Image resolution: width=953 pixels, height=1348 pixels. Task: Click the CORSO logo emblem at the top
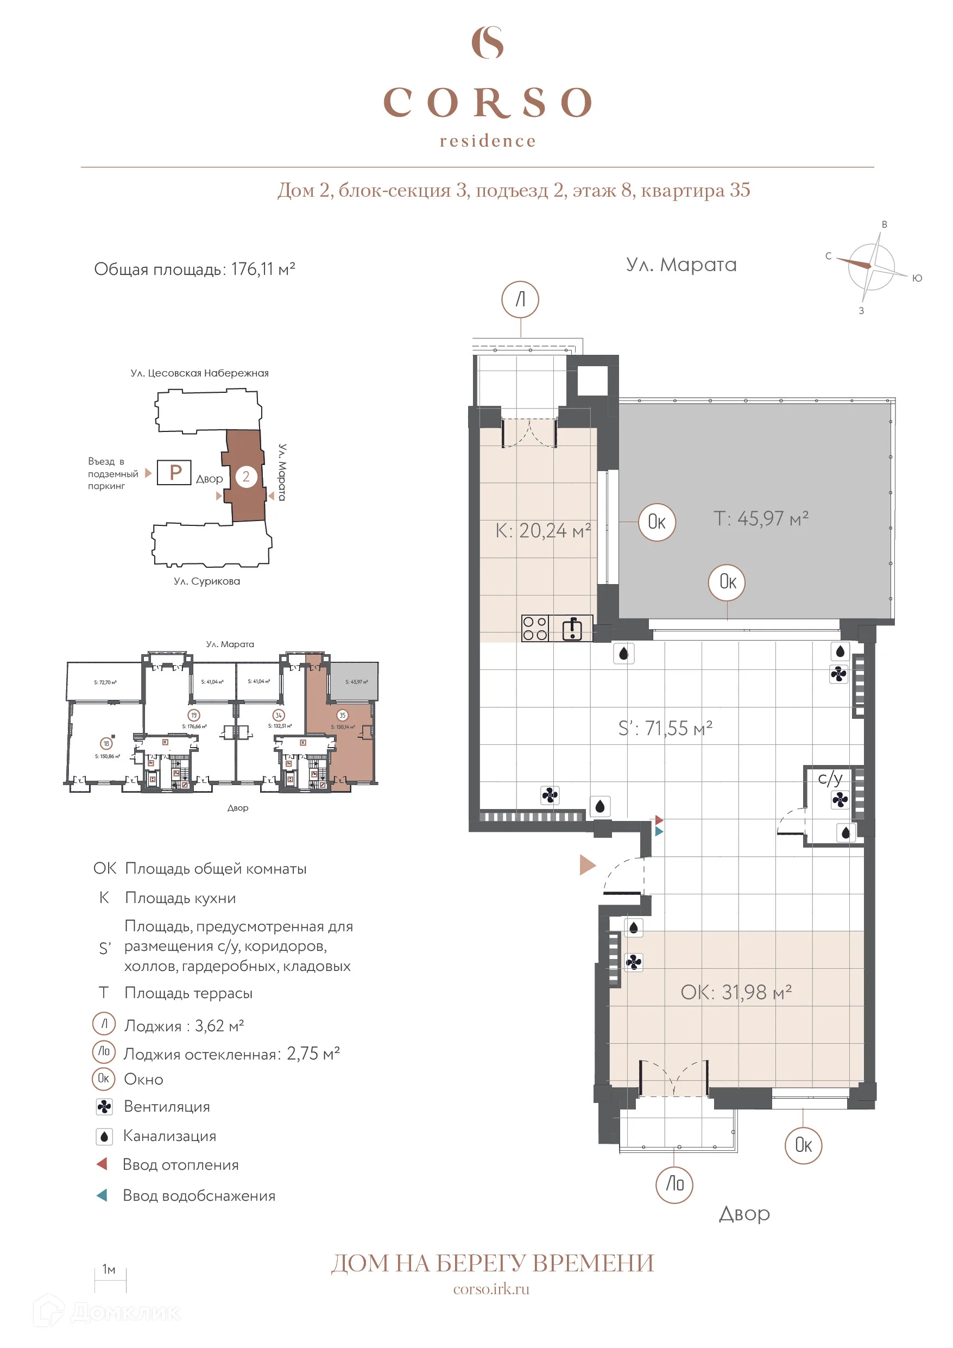[x=487, y=42]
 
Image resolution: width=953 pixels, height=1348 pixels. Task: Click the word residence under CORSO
[x=488, y=141]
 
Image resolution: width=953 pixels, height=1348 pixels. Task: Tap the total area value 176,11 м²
[x=262, y=269]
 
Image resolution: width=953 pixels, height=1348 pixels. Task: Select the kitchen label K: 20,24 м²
[x=543, y=531]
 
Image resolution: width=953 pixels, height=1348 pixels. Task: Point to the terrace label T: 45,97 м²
[x=761, y=518]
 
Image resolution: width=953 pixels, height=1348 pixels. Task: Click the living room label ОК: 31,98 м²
[x=736, y=992]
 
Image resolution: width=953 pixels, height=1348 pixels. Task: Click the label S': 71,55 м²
[x=665, y=728]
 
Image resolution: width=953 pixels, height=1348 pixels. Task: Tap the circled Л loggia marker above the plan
[x=520, y=299]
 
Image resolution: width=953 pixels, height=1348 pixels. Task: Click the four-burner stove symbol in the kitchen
[x=534, y=628]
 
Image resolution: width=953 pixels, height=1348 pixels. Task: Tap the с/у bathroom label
[x=830, y=779]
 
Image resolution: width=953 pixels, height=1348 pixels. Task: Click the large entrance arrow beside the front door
[x=588, y=865]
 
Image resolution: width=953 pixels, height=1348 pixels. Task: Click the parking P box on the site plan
[x=174, y=473]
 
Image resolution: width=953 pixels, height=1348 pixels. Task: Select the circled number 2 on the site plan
[x=247, y=476]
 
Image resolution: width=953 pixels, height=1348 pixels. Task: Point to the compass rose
[x=871, y=267]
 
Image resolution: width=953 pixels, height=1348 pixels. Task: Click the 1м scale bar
[x=110, y=1280]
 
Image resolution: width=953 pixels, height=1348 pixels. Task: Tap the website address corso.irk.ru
[x=491, y=1289]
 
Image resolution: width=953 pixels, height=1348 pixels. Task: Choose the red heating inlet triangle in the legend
[x=102, y=1164]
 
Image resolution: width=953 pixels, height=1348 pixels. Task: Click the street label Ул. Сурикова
[x=206, y=581]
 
